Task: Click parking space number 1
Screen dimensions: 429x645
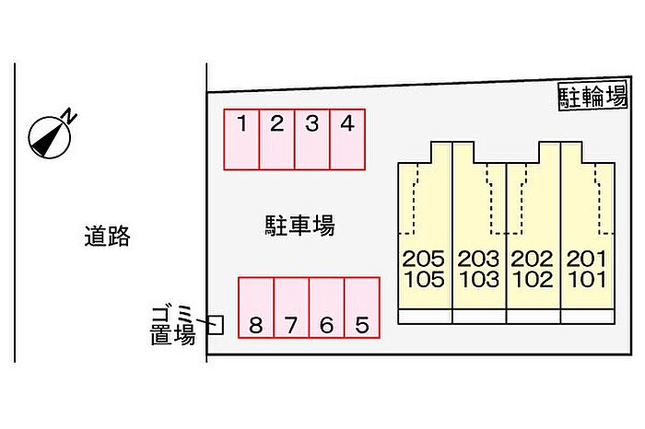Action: coord(241,140)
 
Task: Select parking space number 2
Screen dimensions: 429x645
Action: coord(276,140)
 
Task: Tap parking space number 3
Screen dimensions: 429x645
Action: coord(312,140)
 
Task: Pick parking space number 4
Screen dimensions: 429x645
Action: coord(347,140)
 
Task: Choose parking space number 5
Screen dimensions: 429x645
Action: coord(362,308)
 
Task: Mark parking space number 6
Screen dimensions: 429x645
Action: coord(326,308)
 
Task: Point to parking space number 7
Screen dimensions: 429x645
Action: coord(291,308)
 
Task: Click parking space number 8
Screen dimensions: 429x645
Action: coord(256,308)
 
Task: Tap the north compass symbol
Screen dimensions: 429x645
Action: coord(48,135)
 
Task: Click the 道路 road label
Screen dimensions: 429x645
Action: coord(107,238)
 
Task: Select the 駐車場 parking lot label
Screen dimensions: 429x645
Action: coord(299,225)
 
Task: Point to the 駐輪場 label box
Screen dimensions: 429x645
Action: coord(592,96)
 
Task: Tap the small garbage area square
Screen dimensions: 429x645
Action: coord(216,324)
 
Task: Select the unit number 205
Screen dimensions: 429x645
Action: coord(424,260)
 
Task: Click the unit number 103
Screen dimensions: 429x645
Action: coord(479,280)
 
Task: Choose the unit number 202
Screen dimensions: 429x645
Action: coord(533,260)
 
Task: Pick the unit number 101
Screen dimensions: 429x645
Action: coord(586,280)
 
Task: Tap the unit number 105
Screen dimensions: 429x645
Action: coord(424,280)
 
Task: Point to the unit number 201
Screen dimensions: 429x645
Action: coord(586,260)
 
